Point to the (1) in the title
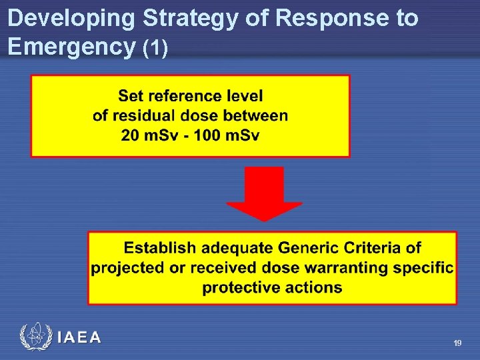[160, 47]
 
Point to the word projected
[127, 268]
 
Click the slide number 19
[457, 343]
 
